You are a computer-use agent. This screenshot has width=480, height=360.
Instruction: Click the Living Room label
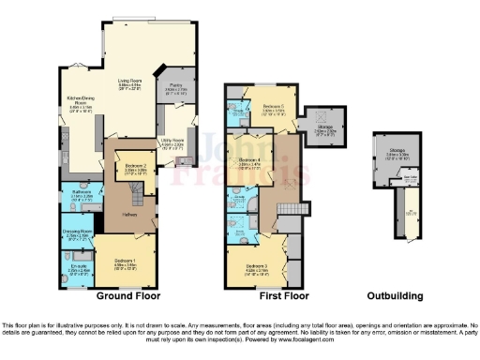pos(127,82)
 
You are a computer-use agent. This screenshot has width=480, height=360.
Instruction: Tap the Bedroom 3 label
pos(258,267)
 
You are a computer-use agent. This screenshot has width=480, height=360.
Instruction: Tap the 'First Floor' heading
pos(284,295)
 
